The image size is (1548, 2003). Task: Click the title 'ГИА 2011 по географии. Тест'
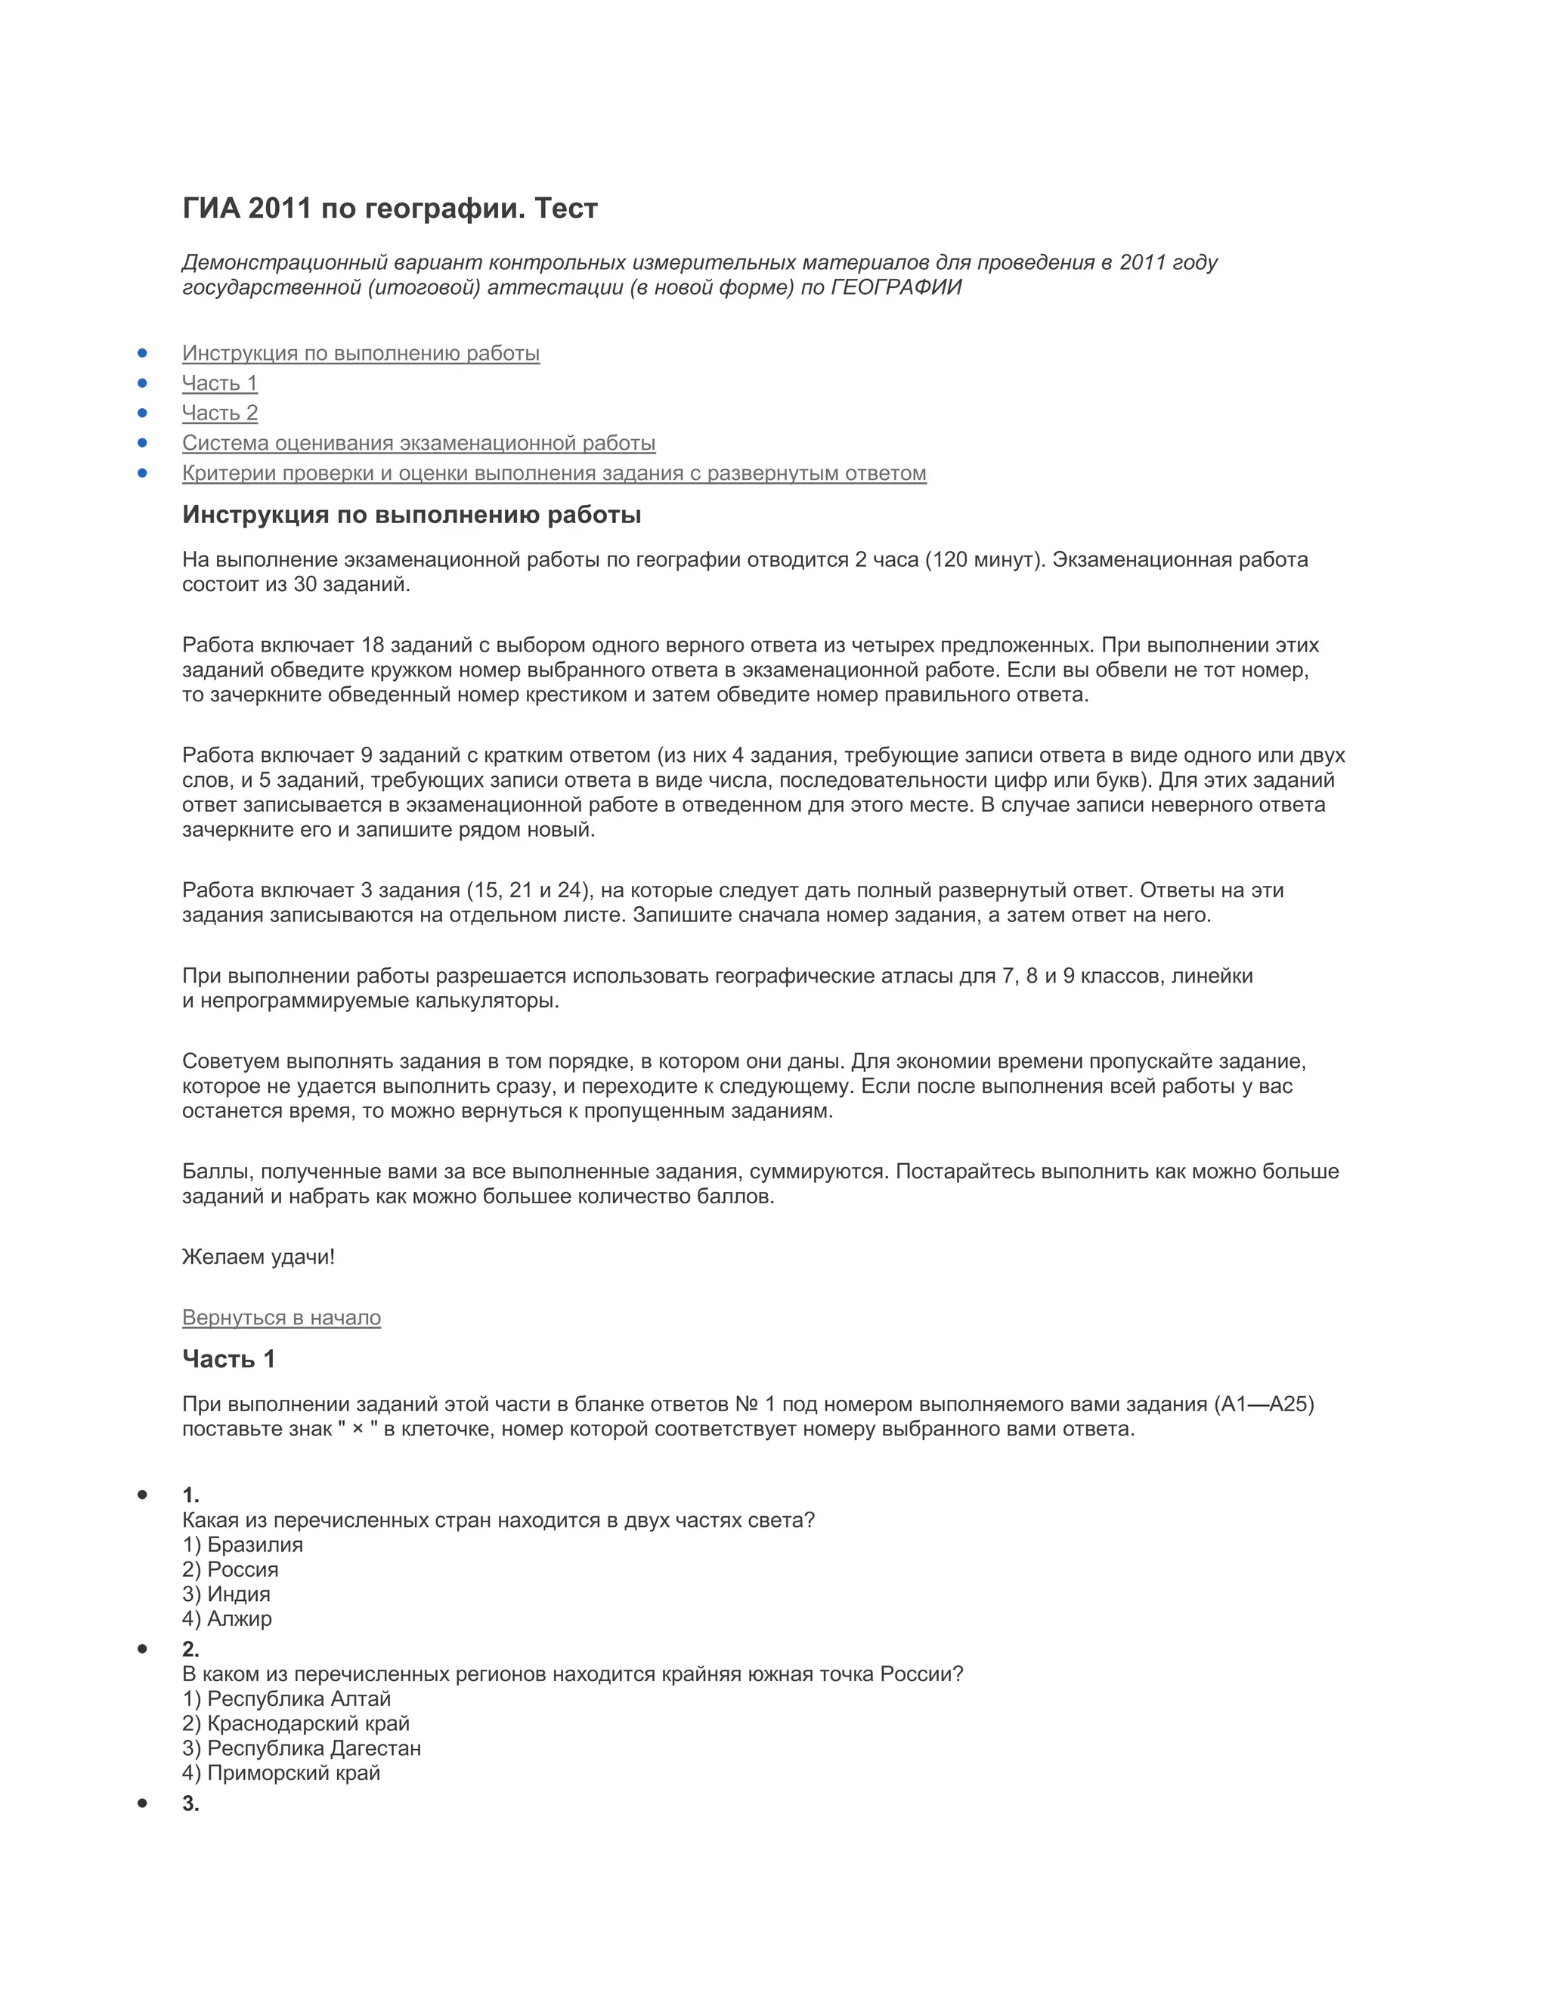[x=390, y=209]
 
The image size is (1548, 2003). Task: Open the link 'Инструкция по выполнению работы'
[x=361, y=353]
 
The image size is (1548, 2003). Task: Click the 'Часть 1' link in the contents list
[x=219, y=383]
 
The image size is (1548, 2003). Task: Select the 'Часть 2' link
[x=219, y=413]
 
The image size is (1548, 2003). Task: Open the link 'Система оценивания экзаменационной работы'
[x=418, y=443]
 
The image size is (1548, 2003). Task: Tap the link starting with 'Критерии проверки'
[x=554, y=473]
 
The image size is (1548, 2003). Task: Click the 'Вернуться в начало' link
[x=280, y=1318]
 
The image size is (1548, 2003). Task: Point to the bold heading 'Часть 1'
[x=228, y=1359]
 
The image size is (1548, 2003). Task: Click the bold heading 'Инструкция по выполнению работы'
[x=411, y=515]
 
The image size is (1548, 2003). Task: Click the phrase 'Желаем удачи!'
[x=259, y=1258]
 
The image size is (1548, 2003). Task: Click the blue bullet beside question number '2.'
[x=142, y=1649]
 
